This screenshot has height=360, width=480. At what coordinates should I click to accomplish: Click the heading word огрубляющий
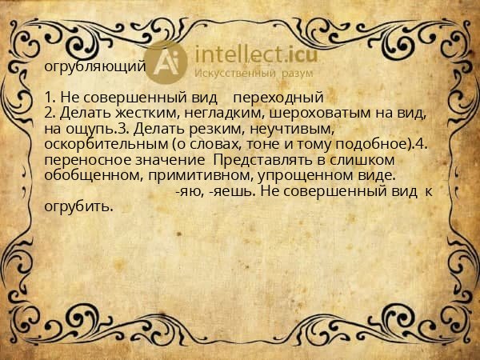pyautogui.click(x=95, y=66)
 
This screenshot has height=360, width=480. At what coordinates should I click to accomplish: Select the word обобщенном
pyautogui.click(x=91, y=175)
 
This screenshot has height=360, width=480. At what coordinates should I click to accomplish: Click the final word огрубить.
pyautogui.click(x=79, y=206)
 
